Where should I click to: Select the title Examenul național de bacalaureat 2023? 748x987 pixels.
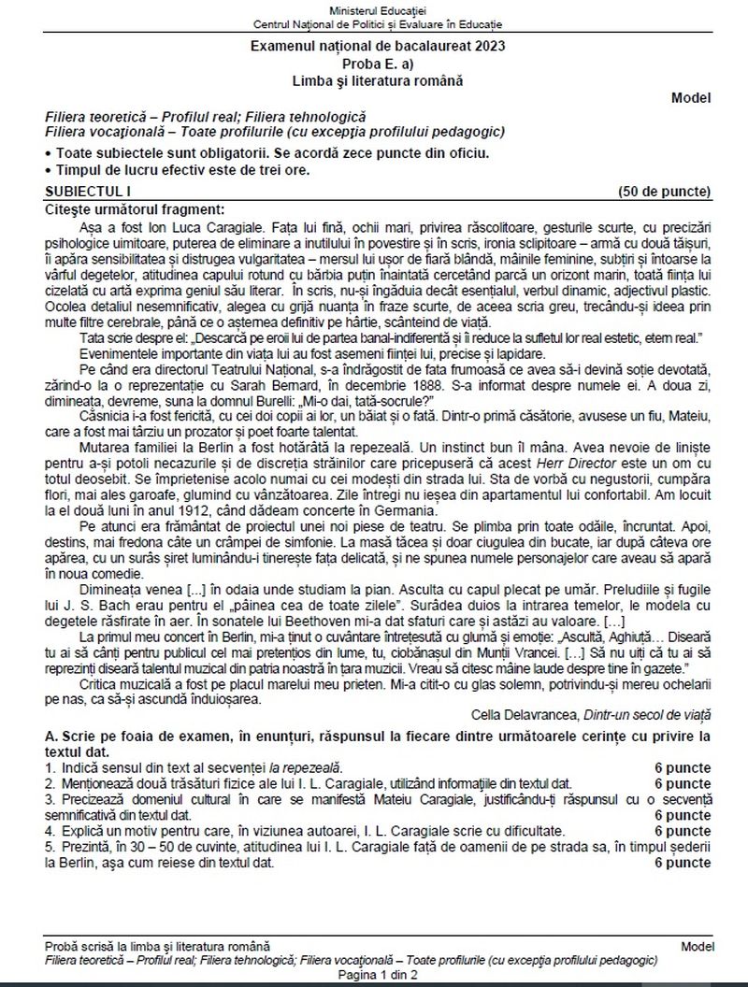374,46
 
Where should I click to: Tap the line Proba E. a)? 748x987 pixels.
374,64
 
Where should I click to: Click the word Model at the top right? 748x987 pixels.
691,97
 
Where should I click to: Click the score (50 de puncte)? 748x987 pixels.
665,191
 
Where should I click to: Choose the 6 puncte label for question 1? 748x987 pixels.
683,767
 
